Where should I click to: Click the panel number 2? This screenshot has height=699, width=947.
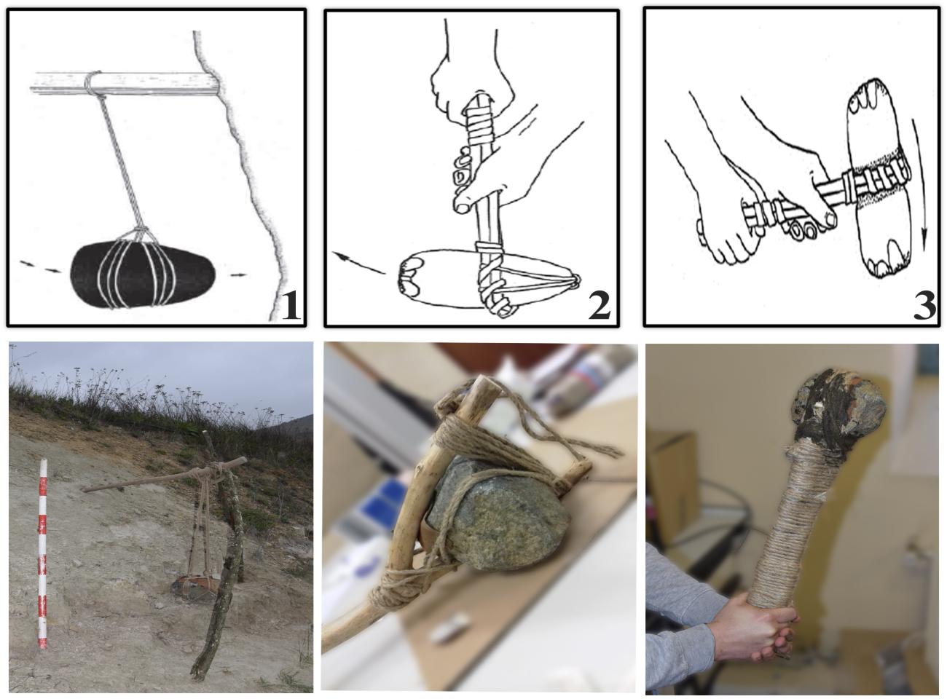pos(599,306)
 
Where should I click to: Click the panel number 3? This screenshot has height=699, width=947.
pos(924,306)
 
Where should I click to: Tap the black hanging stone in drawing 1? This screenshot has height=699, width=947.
pos(143,275)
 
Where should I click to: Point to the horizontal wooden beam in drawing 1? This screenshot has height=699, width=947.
pos(125,83)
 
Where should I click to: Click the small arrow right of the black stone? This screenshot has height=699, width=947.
pos(238,275)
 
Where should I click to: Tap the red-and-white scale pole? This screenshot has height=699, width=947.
pos(42,553)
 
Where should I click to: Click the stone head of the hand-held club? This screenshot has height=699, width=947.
pos(838,406)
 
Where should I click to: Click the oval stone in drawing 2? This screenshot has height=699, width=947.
pos(487,278)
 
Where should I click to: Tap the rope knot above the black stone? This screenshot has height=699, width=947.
pos(141,232)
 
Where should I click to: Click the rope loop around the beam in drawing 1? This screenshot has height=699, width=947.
pos(93,84)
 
